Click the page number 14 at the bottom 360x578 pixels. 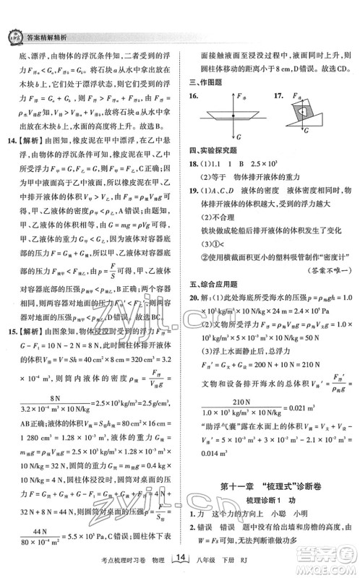click(x=181, y=558)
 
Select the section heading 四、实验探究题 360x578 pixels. click(x=210, y=150)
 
